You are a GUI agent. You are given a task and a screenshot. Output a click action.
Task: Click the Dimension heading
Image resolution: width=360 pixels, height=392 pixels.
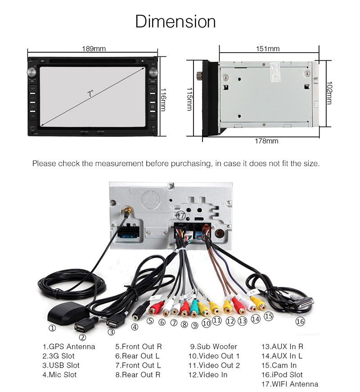pos(175,21)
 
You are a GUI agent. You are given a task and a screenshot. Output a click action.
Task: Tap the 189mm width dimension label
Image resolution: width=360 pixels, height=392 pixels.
pos(94,49)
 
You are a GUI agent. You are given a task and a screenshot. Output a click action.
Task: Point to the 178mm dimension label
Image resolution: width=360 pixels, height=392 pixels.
pos(266,141)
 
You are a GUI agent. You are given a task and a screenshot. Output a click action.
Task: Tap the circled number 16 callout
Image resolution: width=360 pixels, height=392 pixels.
pos(300,321)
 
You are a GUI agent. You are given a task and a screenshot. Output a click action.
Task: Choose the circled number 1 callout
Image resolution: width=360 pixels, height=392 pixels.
pos(52,328)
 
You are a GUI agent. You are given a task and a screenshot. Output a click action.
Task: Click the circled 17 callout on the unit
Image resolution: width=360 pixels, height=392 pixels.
pos(180,215)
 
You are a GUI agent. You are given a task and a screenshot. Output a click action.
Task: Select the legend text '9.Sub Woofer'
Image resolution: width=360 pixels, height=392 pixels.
pos(213,346)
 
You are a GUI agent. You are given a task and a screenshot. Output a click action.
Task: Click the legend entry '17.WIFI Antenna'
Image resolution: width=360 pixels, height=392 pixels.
pos(289,384)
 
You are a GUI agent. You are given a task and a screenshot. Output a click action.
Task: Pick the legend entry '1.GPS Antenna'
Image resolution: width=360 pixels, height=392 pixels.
pos(69,346)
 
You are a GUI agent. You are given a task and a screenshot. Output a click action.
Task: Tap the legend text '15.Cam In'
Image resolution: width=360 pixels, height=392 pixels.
pos(279,365)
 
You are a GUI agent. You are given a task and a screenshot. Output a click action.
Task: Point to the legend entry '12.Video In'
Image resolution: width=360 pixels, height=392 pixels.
pos(207,374)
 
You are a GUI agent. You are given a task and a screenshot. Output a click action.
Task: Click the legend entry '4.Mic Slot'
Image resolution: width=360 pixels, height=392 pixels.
pos(59,374)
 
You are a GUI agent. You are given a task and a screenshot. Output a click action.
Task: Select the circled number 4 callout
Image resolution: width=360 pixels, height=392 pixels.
pos(135,328)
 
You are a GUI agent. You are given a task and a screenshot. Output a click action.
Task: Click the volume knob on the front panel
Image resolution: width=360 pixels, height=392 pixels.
pos(32,73)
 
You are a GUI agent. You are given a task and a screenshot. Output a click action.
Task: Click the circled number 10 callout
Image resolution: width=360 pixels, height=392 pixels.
pos(206,323)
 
